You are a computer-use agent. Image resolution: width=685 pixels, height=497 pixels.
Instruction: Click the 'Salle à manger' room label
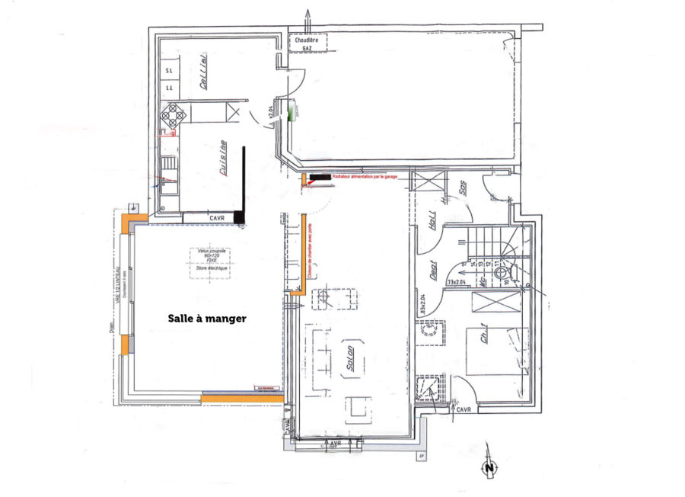click(207, 319)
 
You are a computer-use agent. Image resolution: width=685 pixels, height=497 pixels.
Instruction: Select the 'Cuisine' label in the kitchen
click(223, 159)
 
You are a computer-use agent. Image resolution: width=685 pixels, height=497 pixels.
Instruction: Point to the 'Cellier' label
click(205, 72)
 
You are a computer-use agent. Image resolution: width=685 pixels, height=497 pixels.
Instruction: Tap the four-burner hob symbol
click(174, 115)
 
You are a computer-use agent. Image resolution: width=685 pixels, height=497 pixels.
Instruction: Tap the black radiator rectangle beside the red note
click(320, 177)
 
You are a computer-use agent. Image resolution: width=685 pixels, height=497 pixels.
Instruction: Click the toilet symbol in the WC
click(501, 273)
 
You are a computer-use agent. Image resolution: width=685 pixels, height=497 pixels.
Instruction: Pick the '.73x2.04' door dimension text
click(457, 283)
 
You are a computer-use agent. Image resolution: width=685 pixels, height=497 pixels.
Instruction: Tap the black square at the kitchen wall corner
click(240, 217)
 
